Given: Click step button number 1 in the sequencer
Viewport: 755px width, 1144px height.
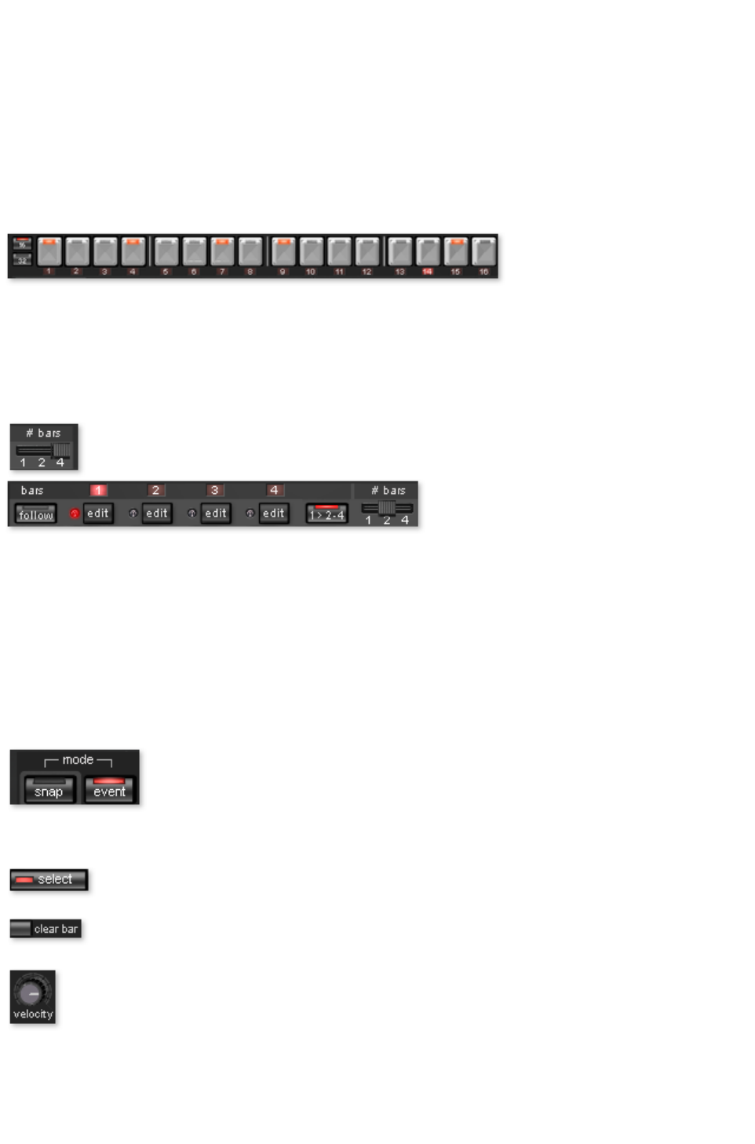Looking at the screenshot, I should [49, 252].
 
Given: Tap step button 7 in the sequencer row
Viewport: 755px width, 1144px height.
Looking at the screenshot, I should [222, 252].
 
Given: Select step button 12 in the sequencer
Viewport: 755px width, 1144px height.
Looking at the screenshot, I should [367, 252].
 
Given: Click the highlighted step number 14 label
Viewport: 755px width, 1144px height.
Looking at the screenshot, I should [427, 272].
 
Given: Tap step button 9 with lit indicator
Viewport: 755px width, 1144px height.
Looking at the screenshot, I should [283, 252].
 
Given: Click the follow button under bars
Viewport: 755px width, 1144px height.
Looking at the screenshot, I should [35, 514].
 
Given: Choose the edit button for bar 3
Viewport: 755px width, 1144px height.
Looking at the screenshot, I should [215, 514].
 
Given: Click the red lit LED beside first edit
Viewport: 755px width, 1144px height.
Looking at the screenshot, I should [75, 514].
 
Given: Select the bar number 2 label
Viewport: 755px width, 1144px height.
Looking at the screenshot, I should [155, 491].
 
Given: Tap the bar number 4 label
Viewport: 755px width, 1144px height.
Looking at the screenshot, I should [274, 491].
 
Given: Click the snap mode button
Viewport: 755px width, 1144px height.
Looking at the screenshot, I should [49, 790].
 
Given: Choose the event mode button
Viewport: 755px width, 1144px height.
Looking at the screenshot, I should [109, 790].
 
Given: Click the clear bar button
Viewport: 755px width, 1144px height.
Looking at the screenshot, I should [46, 929].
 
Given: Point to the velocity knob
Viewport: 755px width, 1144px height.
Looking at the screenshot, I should [31, 992].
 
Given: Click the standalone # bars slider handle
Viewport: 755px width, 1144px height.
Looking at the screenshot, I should [61, 450].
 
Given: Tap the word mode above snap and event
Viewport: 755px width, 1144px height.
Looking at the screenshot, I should [78, 760].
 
